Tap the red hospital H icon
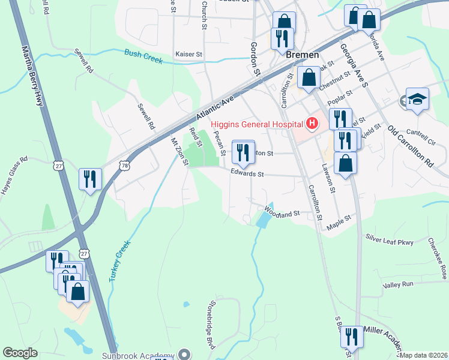tap(312, 124)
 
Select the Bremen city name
tap(302, 55)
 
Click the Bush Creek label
tap(143, 57)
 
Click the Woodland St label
tap(282, 213)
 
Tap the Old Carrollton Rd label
tap(410, 146)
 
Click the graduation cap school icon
tap(417, 99)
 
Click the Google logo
tap(20, 353)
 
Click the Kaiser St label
tap(188, 54)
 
